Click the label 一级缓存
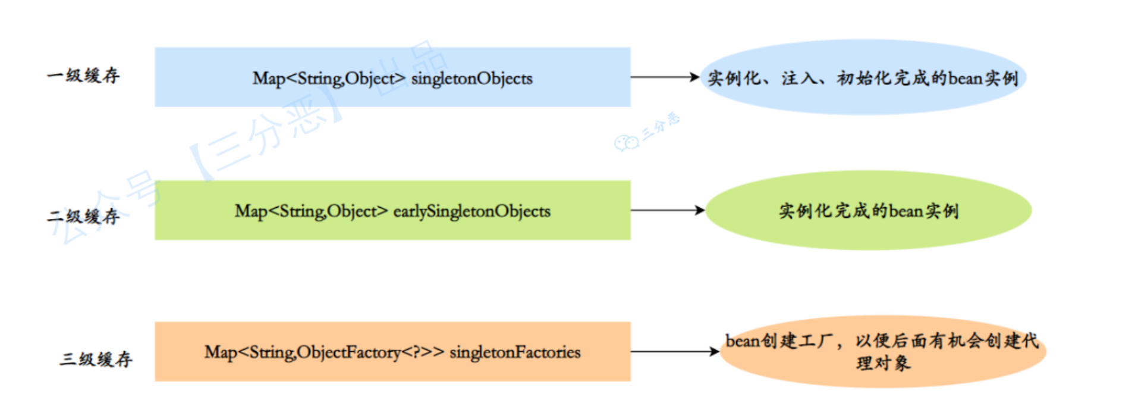click(x=83, y=76)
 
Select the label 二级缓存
click(x=83, y=216)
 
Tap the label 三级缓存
click(x=96, y=359)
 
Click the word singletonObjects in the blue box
click(x=471, y=79)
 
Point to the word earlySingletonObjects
click(x=471, y=211)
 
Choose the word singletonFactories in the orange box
click(x=515, y=352)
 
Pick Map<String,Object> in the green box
click(x=311, y=211)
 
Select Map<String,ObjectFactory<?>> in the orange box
click(x=324, y=352)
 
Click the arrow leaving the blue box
click(x=665, y=77)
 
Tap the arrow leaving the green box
click(x=667, y=210)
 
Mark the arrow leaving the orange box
click(x=674, y=352)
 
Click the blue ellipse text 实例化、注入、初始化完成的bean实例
click(x=863, y=79)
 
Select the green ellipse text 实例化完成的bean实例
click(x=869, y=211)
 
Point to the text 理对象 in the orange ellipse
click(x=883, y=363)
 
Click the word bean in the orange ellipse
click(x=743, y=341)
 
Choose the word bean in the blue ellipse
click(x=966, y=79)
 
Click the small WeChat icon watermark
click(x=626, y=143)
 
